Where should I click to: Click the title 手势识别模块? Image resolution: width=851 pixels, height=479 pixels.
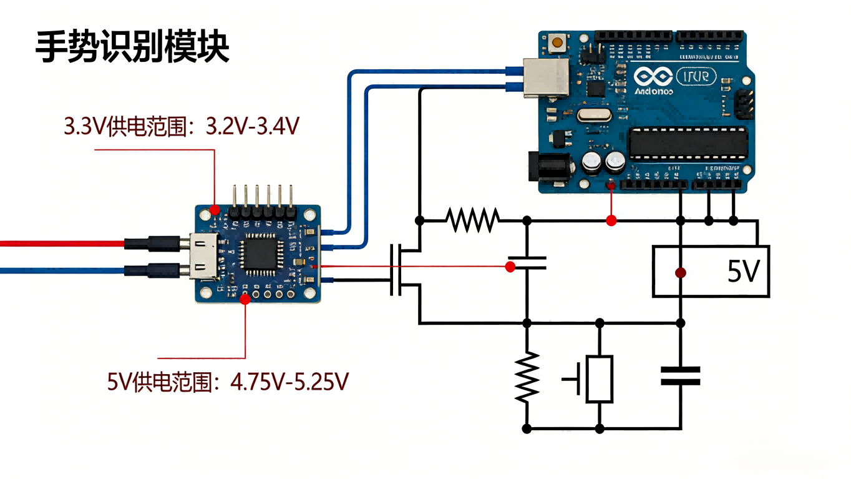[132, 47]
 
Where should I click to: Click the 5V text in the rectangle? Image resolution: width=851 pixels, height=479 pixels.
[743, 272]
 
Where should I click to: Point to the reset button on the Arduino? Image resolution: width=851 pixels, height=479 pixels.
[557, 43]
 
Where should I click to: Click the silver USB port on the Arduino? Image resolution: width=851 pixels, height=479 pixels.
[545, 77]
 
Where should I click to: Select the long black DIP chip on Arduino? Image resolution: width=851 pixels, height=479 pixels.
[688, 142]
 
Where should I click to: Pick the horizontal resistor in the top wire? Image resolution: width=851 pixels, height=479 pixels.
[472, 220]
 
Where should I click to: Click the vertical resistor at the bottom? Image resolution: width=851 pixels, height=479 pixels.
[527, 377]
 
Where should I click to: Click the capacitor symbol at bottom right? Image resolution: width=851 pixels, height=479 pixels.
[681, 376]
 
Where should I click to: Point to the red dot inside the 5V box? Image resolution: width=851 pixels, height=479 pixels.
[681, 273]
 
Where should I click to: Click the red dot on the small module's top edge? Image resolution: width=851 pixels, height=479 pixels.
[215, 209]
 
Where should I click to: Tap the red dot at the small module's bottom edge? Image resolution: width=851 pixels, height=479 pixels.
[245, 299]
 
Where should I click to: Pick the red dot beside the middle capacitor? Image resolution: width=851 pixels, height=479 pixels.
[510, 267]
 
